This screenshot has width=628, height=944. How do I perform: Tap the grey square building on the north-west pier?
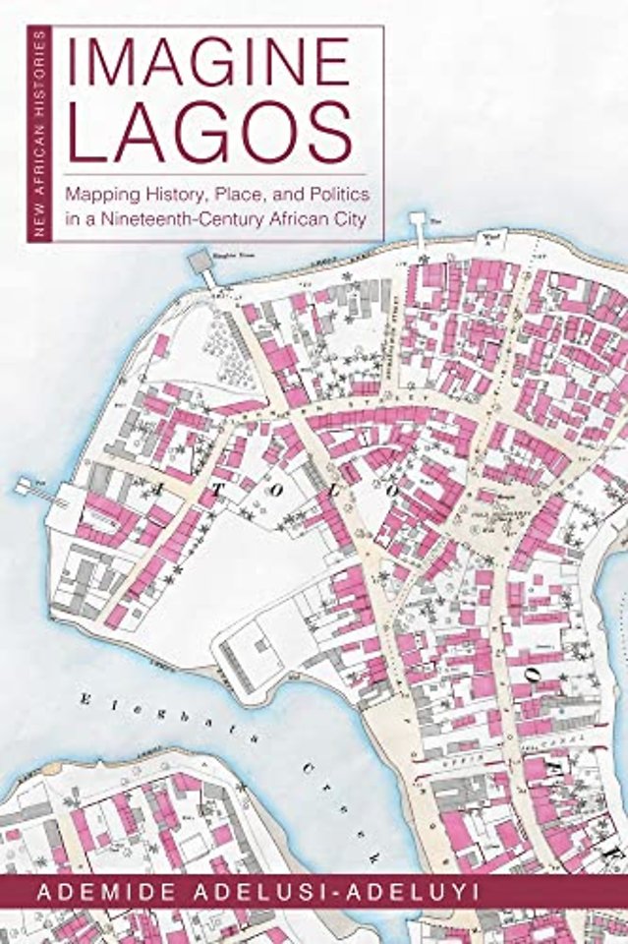click(x=200, y=262)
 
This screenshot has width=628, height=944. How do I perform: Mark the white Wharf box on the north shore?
click(x=488, y=236)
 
